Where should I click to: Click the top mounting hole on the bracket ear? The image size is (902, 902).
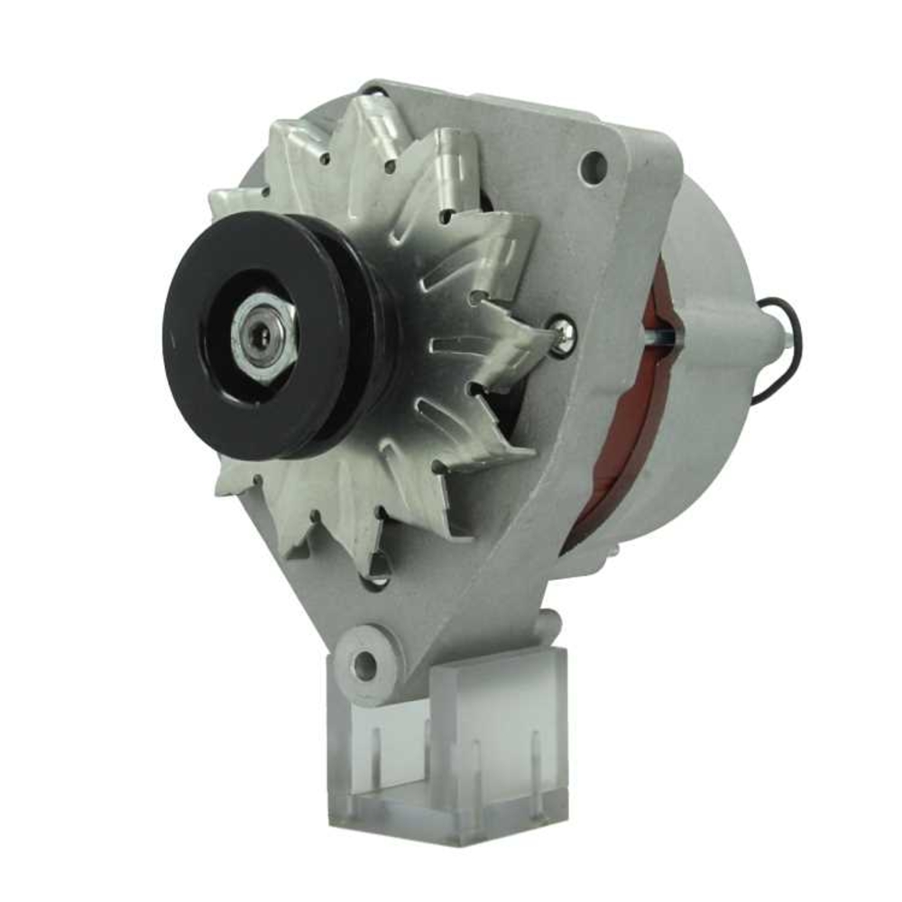pyautogui.click(x=592, y=164)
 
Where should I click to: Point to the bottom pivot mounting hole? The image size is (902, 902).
pyautogui.click(x=364, y=666)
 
